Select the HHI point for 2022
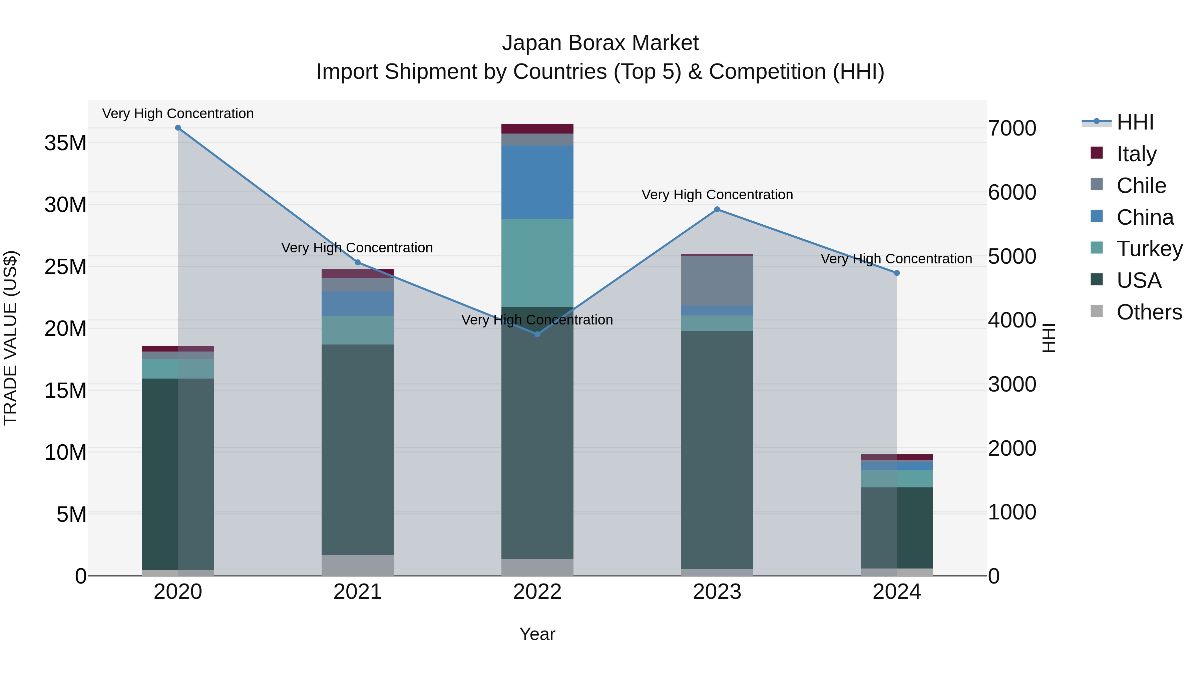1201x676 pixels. point(537,334)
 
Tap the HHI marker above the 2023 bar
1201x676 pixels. point(717,209)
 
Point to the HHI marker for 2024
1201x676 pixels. point(896,273)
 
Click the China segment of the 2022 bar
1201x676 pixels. point(537,182)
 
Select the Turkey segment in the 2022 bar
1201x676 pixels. point(537,263)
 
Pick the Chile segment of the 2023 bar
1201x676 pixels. point(717,280)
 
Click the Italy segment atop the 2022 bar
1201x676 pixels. point(537,129)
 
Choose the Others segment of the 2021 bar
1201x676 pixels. point(358,565)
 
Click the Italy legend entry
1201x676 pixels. point(1136,154)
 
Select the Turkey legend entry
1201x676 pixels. point(1149,249)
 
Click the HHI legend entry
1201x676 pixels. point(1135,122)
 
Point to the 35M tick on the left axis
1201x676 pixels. point(65,143)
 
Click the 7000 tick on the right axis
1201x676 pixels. point(1012,128)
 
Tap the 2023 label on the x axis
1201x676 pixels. point(717,592)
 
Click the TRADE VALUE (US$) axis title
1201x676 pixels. point(10,338)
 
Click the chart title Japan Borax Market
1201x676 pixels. point(600,43)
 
